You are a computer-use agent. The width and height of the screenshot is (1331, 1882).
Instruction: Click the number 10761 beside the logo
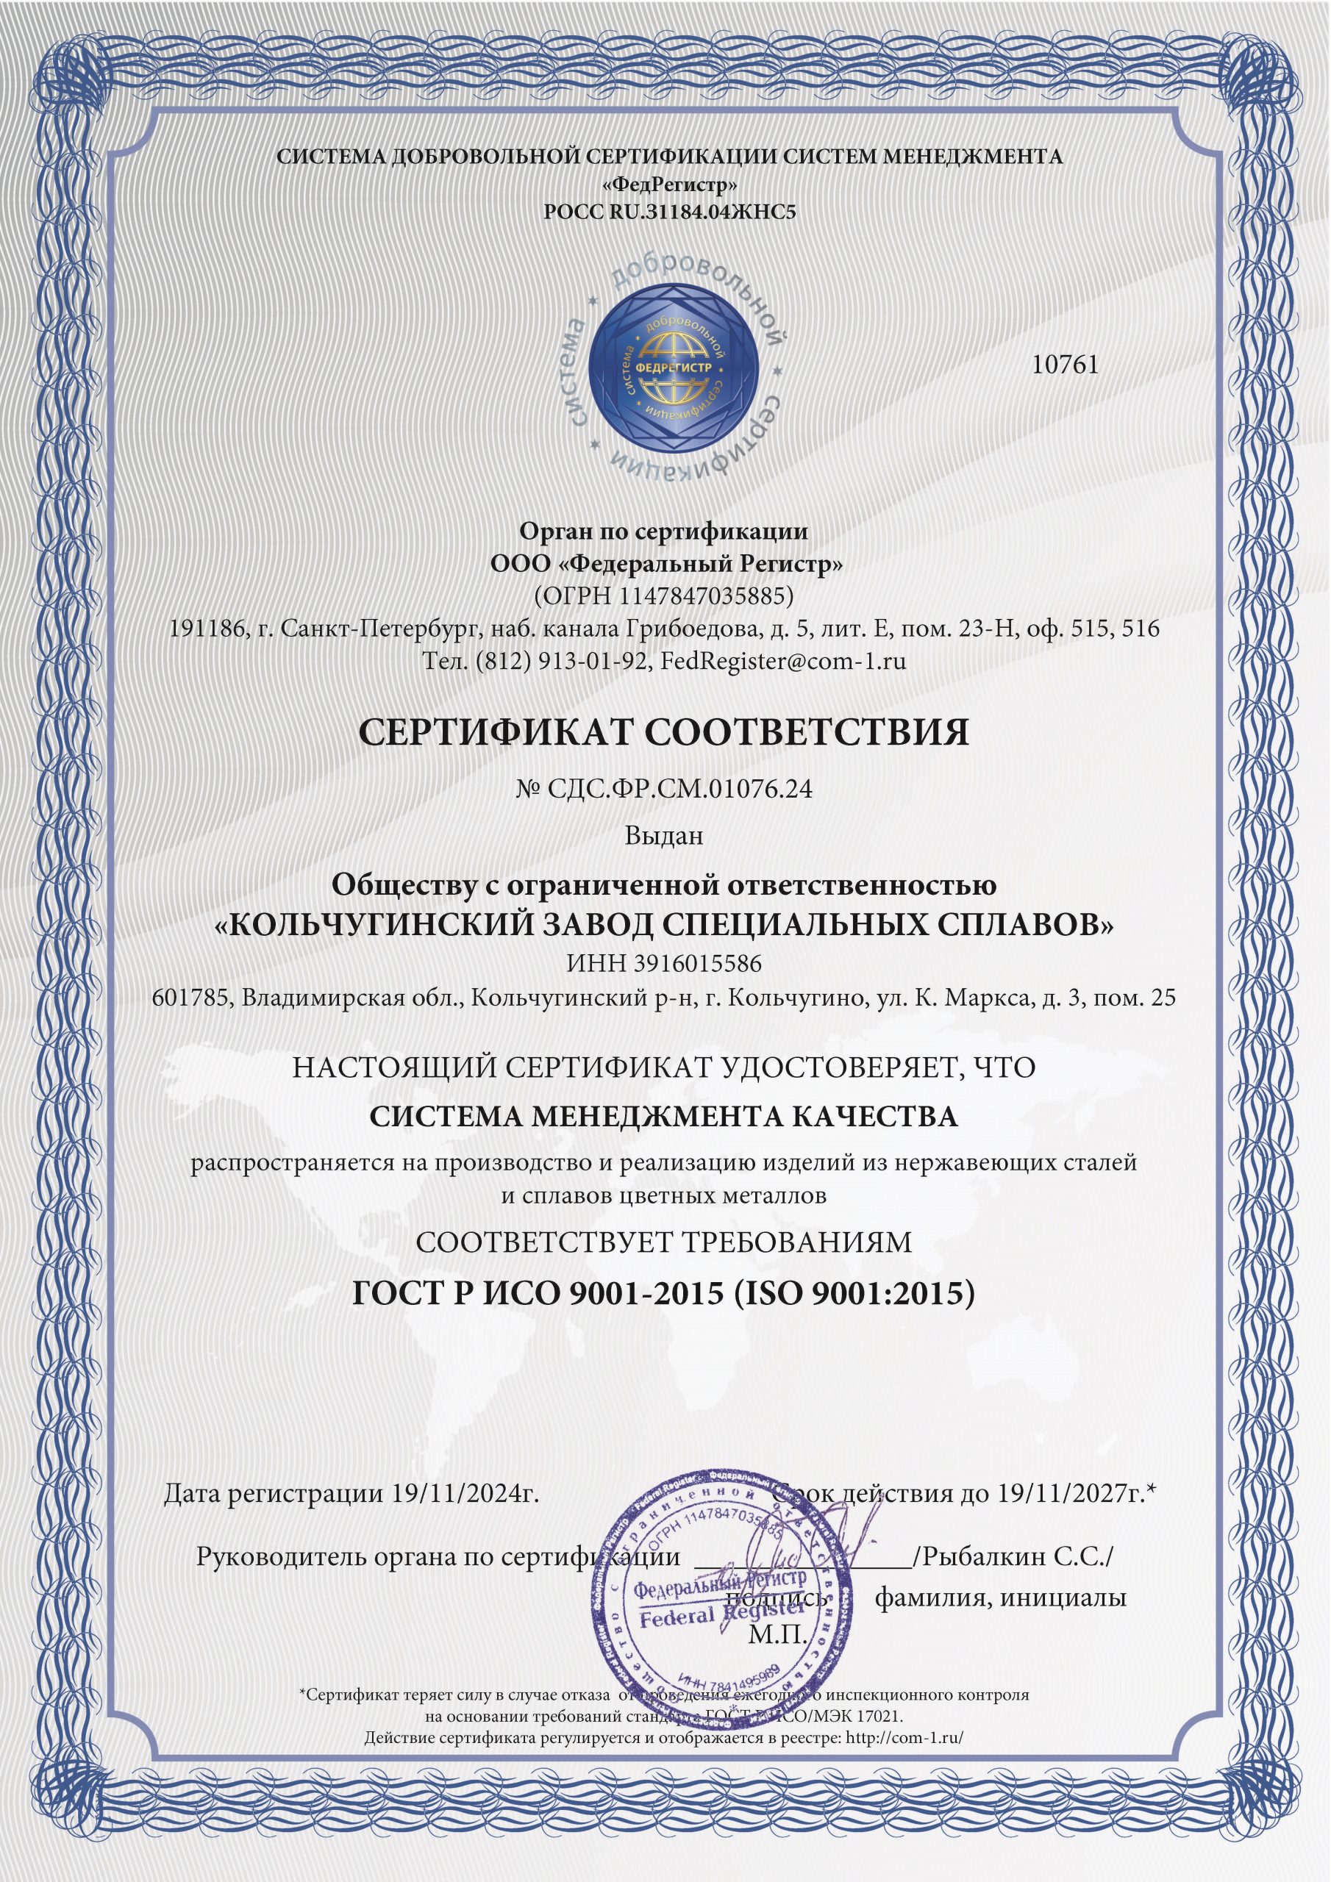coord(1065,365)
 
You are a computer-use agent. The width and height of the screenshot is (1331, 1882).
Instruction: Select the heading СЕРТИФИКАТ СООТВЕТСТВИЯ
coord(664,732)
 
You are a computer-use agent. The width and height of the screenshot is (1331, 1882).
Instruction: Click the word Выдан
coord(663,836)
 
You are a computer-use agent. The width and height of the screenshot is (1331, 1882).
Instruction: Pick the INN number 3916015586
coord(697,964)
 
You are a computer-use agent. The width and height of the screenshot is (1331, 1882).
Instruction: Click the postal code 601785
coord(189,998)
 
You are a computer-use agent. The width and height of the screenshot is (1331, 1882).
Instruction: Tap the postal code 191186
coord(200,629)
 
